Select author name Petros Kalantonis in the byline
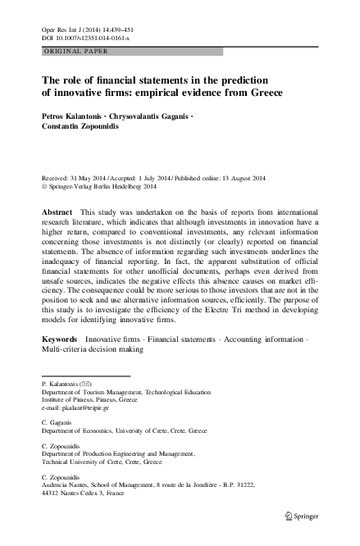pos(75,117)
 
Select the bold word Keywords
pos(60,338)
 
